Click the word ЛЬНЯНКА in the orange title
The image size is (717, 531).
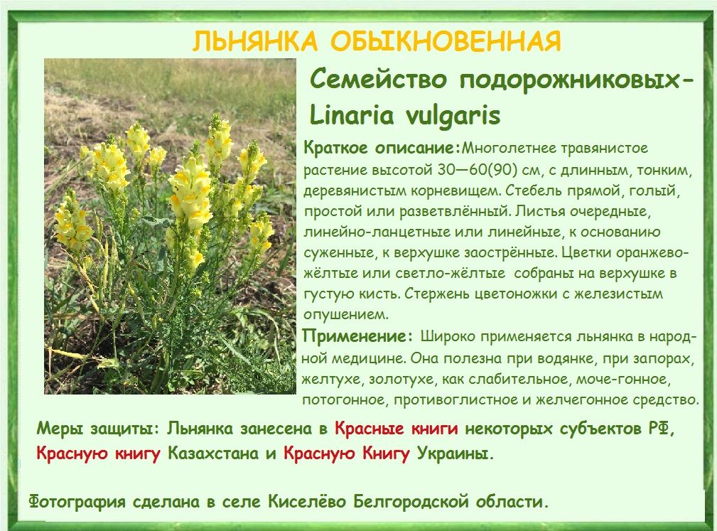tap(254, 42)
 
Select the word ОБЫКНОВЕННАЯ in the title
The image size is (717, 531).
tap(446, 42)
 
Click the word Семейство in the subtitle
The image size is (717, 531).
tap(378, 79)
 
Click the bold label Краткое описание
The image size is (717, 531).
tap(380, 148)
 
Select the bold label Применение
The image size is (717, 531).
tap(355, 336)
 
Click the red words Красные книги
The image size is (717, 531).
tap(396, 429)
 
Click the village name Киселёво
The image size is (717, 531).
tap(307, 502)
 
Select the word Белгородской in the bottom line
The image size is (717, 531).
tap(411, 502)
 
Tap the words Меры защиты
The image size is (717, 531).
tap(97, 429)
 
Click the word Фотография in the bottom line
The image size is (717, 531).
tap(77, 502)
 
